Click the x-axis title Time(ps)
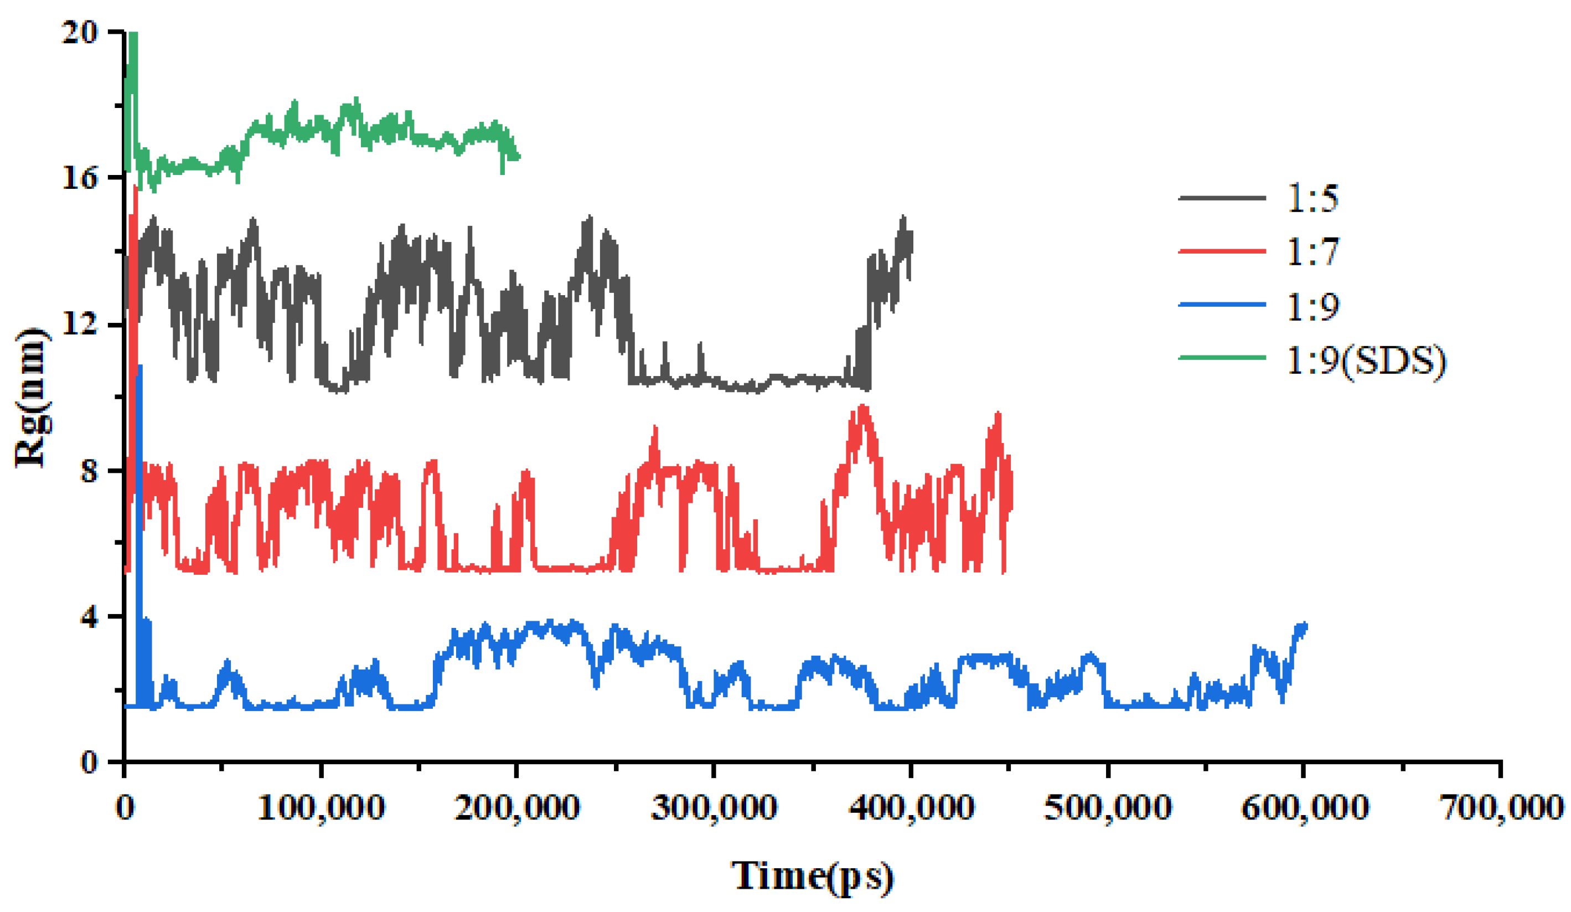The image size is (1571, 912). tap(812, 876)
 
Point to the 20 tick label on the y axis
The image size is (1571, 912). tap(80, 33)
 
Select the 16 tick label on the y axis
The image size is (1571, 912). tap(80, 178)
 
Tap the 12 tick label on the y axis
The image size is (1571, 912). tap(80, 324)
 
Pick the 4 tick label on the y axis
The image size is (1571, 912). tap(89, 617)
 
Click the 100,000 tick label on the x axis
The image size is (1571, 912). tap(321, 808)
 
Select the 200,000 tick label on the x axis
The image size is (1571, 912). tap(517, 808)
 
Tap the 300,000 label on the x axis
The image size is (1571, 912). tap(714, 808)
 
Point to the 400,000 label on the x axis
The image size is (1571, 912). tap(911, 808)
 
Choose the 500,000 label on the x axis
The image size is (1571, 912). tap(1108, 808)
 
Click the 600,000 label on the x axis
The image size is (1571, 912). tap(1304, 808)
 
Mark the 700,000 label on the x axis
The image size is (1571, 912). tap(1501, 808)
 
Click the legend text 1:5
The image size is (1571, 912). tap(1313, 198)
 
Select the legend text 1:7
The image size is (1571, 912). tap(1313, 251)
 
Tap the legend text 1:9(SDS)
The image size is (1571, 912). tap(1365, 360)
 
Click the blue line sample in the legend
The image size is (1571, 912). tap(1222, 305)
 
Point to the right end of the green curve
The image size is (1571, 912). tap(519, 157)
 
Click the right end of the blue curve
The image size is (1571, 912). tap(1305, 625)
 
